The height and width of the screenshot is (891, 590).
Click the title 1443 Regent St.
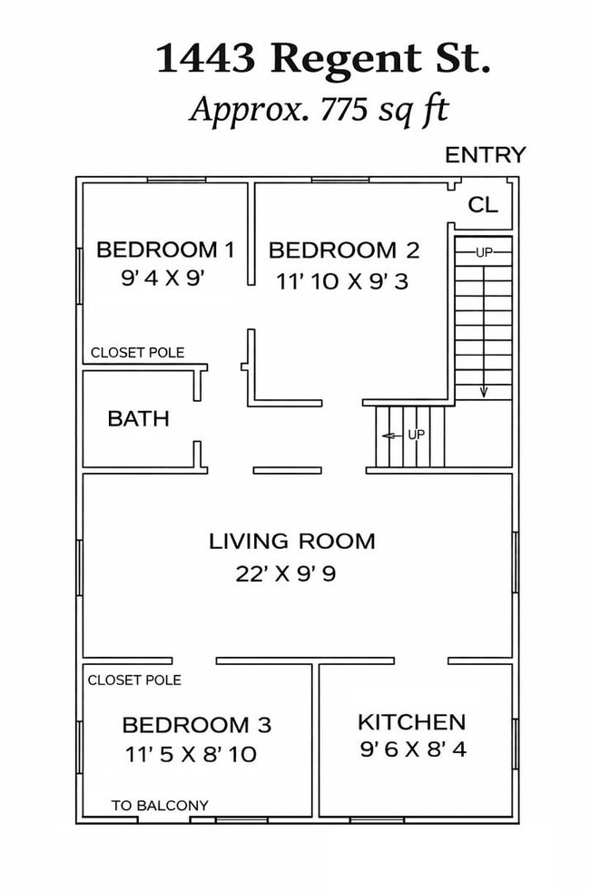(x=322, y=59)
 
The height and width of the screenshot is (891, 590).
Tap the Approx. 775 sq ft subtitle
(x=319, y=109)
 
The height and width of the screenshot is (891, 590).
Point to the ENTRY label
(x=486, y=154)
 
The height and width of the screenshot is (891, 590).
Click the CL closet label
(x=483, y=204)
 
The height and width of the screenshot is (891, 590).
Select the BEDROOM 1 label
(x=165, y=250)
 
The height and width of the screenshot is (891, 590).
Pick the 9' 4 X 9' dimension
(x=162, y=278)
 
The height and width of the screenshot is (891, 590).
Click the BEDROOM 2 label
(x=344, y=250)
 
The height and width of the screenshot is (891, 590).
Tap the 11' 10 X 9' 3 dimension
(x=342, y=281)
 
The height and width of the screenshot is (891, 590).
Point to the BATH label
(x=139, y=419)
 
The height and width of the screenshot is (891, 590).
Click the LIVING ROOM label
(x=292, y=541)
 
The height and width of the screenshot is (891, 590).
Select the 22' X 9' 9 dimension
(x=286, y=573)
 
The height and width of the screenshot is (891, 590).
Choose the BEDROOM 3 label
(x=197, y=725)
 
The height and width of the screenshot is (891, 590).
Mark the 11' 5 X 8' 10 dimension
(x=191, y=755)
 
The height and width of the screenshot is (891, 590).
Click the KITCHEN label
(x=412, y=722)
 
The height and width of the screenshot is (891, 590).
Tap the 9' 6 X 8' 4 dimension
(x=413, y=749)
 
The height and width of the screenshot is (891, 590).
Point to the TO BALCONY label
(x=160, y=805)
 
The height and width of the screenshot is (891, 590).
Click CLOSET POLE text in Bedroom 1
(x=138, y=353)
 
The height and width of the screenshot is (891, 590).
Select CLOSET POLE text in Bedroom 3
(x=134, y=680)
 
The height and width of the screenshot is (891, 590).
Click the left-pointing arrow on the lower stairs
(x=393, y=436)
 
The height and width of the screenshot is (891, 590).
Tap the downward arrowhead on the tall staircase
(x=484, y=392)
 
